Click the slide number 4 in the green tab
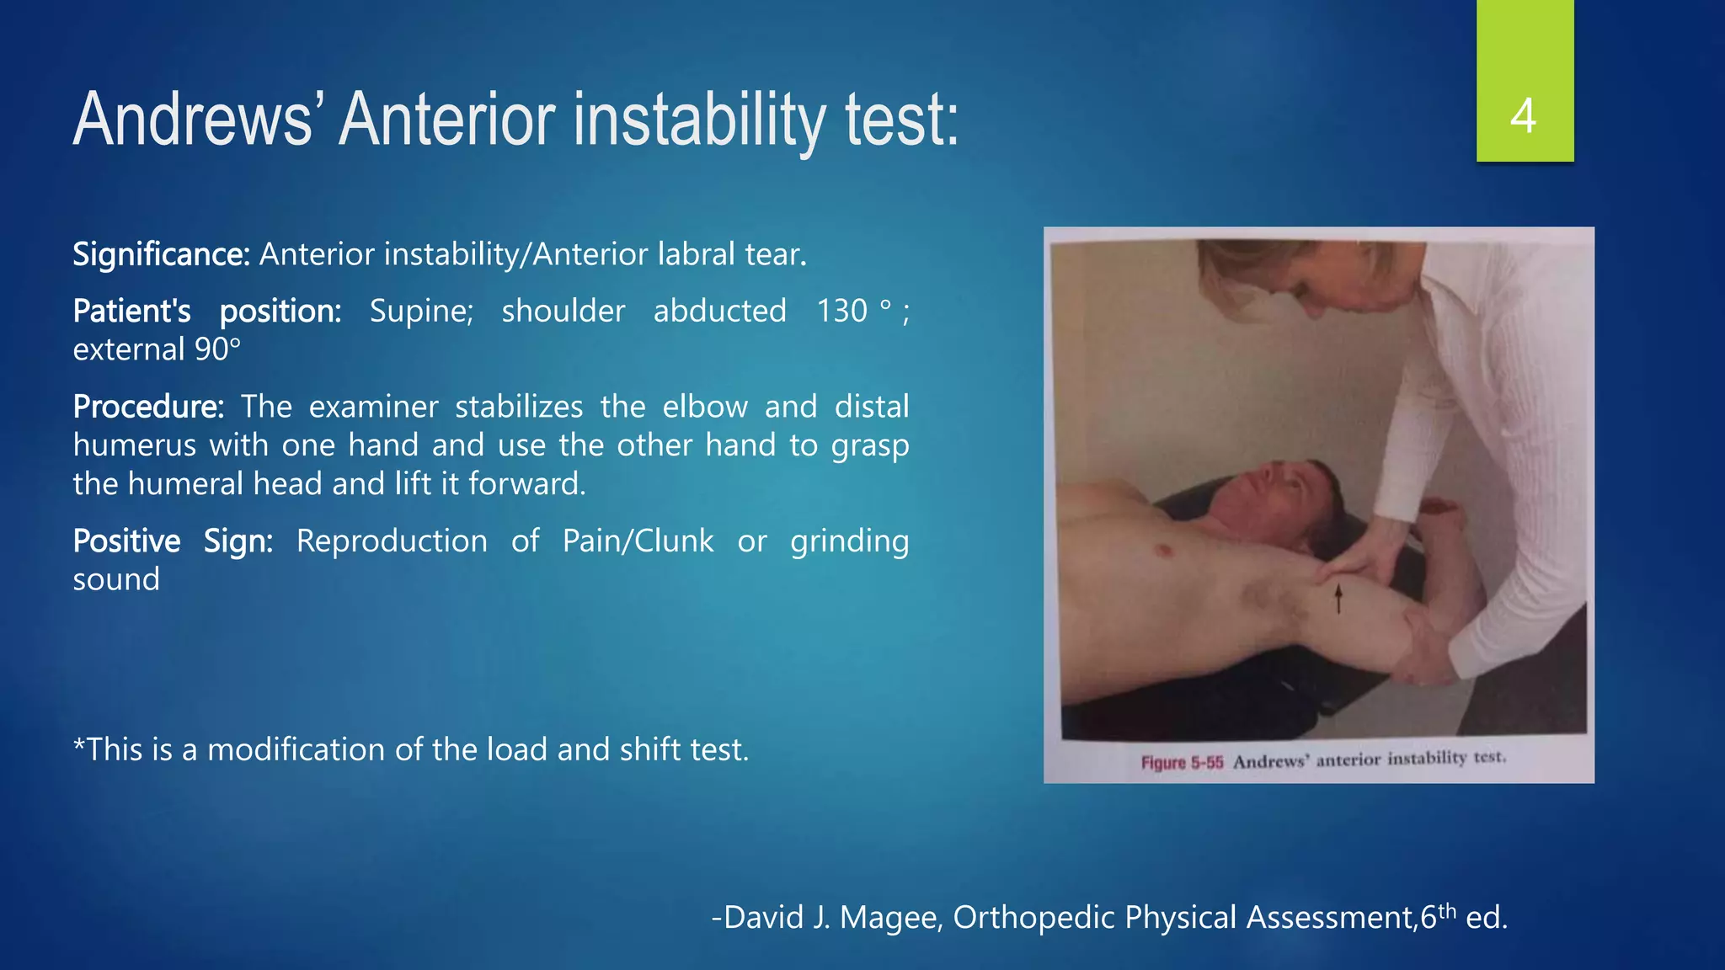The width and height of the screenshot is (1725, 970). point(1523,116)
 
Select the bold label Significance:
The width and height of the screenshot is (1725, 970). point(161,254)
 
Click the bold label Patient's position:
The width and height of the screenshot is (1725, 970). point(206,312)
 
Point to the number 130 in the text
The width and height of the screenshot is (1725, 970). point(841,312)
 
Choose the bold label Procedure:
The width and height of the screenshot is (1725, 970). point(148,408)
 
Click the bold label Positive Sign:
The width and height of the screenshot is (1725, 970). point(173,541)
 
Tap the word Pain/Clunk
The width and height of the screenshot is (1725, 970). point(638,541)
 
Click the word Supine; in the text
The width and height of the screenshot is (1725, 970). point(421,312)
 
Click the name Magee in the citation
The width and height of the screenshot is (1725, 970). point(889,918)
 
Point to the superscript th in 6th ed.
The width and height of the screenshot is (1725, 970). point(1447,909)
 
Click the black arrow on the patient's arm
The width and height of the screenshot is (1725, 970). point(1338,599)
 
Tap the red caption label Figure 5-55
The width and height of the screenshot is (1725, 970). point(1182,763)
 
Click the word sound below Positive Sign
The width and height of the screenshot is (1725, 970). point(116,580)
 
